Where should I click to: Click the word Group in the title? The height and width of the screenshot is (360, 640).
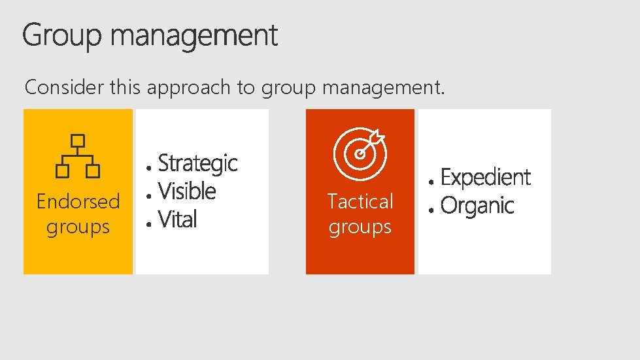coord(62,36)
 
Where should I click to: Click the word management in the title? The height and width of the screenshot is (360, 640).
coord(194,36)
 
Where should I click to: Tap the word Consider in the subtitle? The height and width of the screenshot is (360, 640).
coord(64,88)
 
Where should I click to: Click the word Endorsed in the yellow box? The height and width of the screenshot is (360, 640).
coord(78,201)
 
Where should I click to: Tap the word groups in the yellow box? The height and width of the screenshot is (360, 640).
coord(78,227)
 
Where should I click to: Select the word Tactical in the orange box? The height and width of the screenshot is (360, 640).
coord(360,201)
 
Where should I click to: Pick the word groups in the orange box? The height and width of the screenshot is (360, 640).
coord(360,227)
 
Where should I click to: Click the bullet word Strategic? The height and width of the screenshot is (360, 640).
coord(197,163)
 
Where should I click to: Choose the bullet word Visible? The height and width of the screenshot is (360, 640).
coord(187,191)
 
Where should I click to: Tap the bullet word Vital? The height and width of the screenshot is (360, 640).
coord(177,220)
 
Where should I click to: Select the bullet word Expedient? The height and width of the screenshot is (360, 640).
coord(486,177)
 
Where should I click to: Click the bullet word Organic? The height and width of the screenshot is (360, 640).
coord(477,206)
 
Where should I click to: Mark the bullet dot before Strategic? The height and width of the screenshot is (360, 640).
coord(150,167)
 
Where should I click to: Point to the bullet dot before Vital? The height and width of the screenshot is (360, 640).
coord(150,223)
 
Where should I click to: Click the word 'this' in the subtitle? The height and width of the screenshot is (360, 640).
coord(124,88)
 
